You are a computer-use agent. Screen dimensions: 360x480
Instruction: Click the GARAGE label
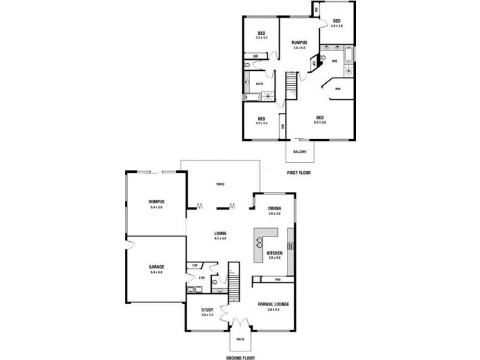click(x=157, y=266)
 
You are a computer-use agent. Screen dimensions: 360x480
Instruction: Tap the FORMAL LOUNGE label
click(x=273, y=305)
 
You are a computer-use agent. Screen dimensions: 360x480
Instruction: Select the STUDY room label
click(x=208, y=310)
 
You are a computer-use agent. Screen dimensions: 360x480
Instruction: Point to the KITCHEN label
click(x=275, y=253)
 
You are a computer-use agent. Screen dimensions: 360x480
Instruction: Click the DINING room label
click(x=275, y=208)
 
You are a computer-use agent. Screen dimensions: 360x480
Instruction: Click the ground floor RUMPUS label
click(x=157, y=202)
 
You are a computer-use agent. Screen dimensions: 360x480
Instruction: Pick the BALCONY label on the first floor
click(x=300, y=152)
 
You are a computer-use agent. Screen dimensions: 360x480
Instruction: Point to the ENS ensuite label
click(x=334, y=61)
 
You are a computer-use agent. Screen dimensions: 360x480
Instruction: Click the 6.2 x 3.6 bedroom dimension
click(x=320, y=122)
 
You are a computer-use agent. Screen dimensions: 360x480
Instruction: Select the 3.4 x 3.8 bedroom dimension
click(x=337, y=26)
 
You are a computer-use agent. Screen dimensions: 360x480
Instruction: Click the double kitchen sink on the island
click(x=260, y=242)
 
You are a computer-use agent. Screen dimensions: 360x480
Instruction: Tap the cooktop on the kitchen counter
click(x=290, y=245)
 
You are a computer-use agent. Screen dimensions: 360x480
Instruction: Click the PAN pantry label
click(x=278, y=279)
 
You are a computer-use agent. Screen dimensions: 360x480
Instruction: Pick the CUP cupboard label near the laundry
click(x=195, y=265)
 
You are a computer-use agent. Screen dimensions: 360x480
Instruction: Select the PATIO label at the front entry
click(x=240, y=339)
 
